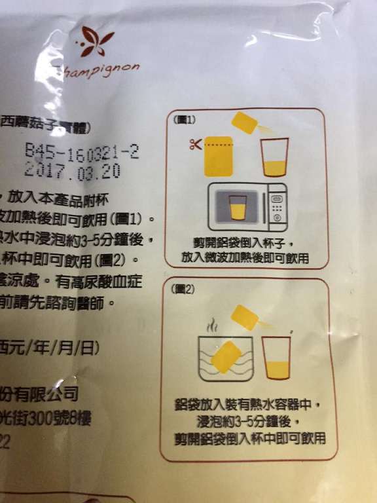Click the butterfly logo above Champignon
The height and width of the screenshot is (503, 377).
94,44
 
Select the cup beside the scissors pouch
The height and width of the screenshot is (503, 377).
275,158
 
